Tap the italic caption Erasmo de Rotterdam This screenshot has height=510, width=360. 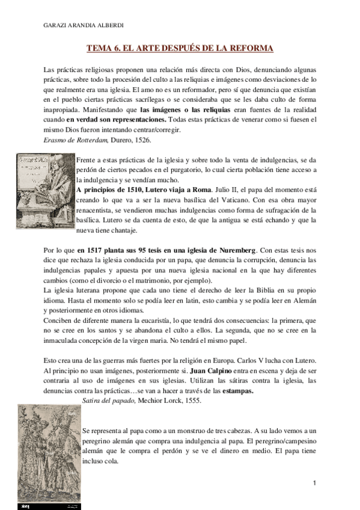click(75, 140)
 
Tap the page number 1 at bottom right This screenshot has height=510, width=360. click(314, 484)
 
